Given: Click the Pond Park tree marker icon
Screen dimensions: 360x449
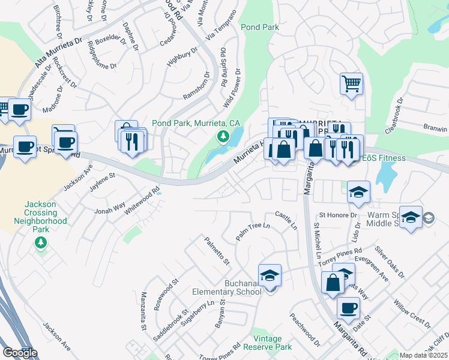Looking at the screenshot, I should click(223, 137).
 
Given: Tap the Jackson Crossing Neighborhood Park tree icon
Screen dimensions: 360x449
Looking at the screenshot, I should click(40, 242).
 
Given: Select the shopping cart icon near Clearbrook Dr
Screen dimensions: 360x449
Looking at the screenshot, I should click(351, 83).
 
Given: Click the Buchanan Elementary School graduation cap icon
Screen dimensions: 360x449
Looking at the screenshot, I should click(270, 275).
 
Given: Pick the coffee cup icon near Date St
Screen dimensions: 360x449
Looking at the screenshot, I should click(348, 308).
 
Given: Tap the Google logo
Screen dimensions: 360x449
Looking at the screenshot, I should click(20, 353).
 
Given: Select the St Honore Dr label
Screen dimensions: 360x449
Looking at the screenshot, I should click(338, 215).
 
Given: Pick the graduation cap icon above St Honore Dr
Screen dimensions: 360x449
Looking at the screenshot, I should click(358, 191).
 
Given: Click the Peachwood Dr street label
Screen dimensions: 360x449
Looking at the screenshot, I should click(305, 329).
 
